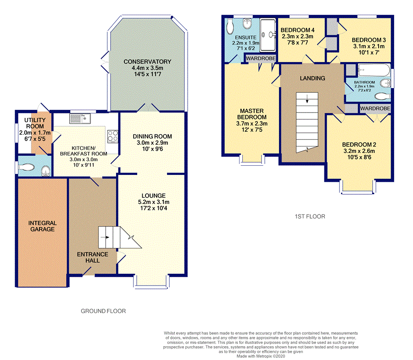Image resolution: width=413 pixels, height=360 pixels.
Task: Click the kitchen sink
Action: [80, 118]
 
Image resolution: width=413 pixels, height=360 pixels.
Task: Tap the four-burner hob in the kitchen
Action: [112, 136]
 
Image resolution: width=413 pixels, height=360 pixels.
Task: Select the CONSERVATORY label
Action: [147, 62]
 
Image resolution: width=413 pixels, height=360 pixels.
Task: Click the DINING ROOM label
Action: [152, 136]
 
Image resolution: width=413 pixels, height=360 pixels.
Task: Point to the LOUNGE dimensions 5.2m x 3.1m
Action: [154, 202]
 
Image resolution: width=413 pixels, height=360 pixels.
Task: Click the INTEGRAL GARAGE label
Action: [42, 226]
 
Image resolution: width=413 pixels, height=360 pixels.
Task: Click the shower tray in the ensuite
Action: [268, 35]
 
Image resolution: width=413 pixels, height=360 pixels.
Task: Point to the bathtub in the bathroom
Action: [374, 70]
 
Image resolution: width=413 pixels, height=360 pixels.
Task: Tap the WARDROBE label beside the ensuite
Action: [261, 58]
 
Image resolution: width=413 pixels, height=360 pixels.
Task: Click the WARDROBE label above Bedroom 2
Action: [375, 108]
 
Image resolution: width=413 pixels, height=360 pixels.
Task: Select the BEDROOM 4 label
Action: [297, 30]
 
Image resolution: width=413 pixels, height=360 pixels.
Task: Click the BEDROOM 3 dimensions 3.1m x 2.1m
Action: [369, 46]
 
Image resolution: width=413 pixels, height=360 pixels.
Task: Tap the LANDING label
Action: [313, 78]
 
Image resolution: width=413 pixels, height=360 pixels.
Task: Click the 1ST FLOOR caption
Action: [310, 216]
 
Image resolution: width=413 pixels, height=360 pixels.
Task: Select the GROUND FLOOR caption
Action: [103, 311]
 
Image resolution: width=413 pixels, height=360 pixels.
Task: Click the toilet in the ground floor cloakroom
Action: [26, 167]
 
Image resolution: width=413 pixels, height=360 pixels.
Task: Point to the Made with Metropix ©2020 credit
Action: [261, 356]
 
